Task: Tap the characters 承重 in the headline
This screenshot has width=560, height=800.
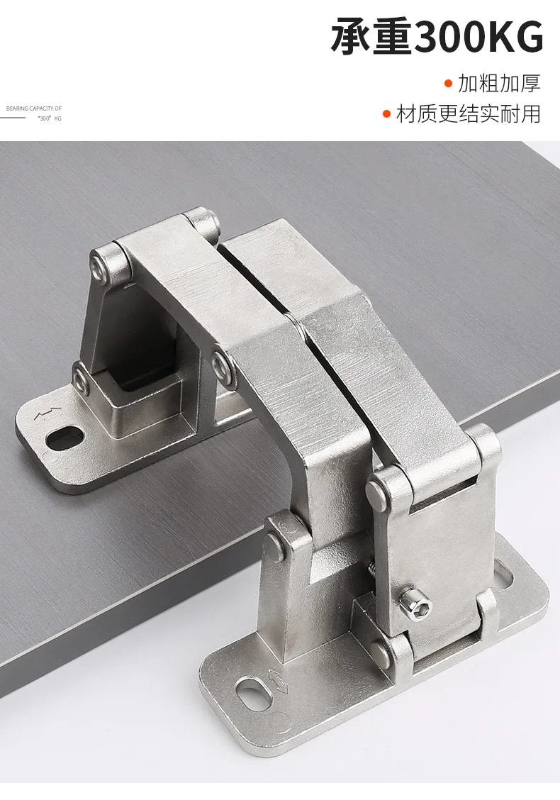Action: point(371,38)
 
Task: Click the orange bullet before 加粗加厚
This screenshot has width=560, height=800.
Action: point(448,83)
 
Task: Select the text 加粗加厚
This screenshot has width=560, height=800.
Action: point(499,83)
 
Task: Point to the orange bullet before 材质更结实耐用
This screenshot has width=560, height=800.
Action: point(386,113)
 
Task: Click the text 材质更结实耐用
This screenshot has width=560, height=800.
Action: point(468,113)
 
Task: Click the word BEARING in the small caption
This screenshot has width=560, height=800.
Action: point(17,109)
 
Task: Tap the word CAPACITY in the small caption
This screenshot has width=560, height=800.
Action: point(41,109)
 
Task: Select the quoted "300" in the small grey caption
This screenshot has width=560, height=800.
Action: point(45,118)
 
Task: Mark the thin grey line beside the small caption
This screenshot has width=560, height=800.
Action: point(12,117)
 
